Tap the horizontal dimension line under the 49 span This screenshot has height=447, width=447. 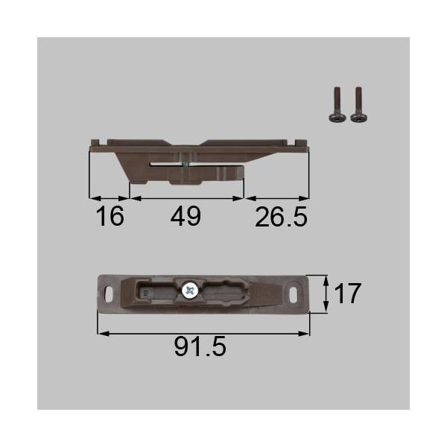click(186, 199)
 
